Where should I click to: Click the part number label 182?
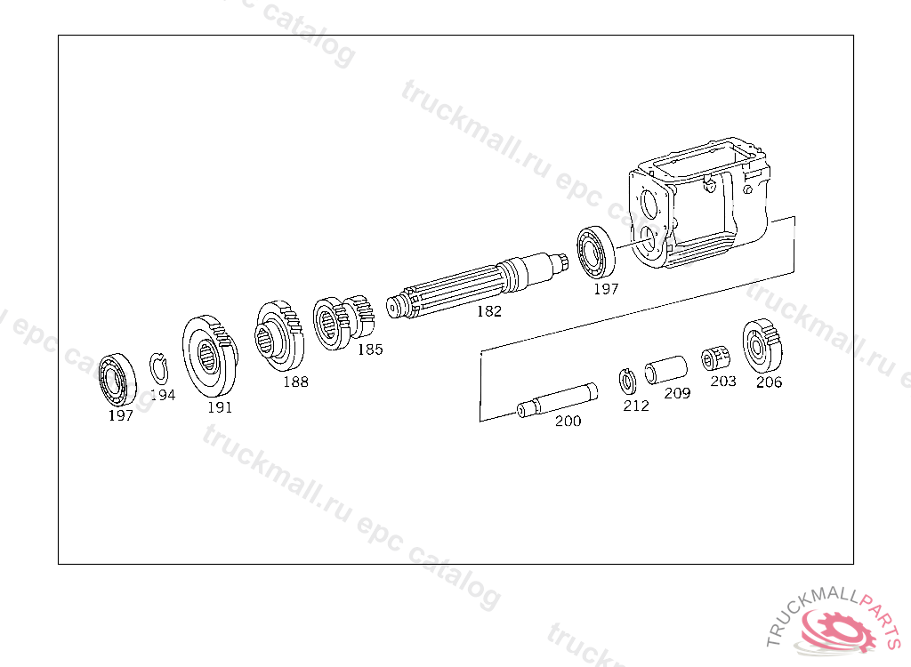(x=489, y=311)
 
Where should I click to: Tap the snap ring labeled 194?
(x=158, y=369)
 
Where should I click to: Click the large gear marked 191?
(x=210, y=356)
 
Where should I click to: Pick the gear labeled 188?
(x=279, y=336)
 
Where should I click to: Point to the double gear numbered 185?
(x=343, y=322)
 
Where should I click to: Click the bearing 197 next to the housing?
(x=596, y=253)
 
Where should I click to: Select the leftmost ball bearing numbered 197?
(x=117, y=380)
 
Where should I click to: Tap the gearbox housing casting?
(x=699, y=203)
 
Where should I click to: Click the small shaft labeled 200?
(x=557, y=400)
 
